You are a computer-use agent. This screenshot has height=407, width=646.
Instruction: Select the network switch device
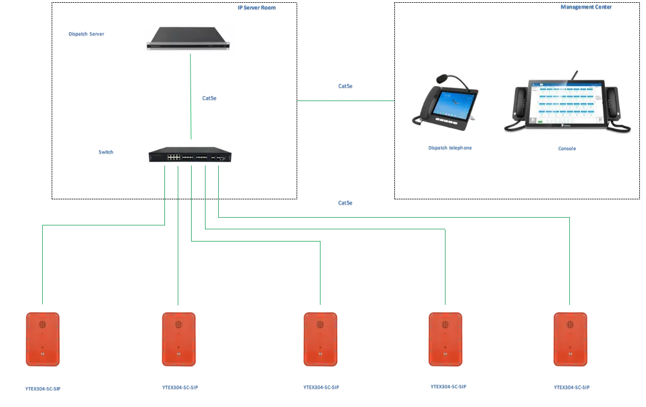coord(191,153)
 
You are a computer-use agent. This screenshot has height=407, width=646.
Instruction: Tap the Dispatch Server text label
coord(86,34)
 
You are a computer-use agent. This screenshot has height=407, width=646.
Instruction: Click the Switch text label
coord(106,152)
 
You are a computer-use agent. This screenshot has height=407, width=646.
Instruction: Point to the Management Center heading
coord(586,8)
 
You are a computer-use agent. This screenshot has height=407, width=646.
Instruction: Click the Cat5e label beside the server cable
coord(209,98)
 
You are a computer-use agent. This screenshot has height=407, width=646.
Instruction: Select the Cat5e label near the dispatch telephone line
coord(346,87)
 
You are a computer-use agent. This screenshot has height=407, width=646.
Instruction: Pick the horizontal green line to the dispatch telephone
coord(344,100)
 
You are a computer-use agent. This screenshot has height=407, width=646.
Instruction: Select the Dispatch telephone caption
coord(450,148)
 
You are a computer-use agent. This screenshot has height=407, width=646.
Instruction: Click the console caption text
coord(566,149)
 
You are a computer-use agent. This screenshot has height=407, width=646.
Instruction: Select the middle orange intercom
coord(321,339)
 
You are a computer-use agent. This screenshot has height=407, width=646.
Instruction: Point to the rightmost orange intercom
coord(570,339)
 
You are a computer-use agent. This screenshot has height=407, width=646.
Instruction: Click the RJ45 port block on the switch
coord(173,156)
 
